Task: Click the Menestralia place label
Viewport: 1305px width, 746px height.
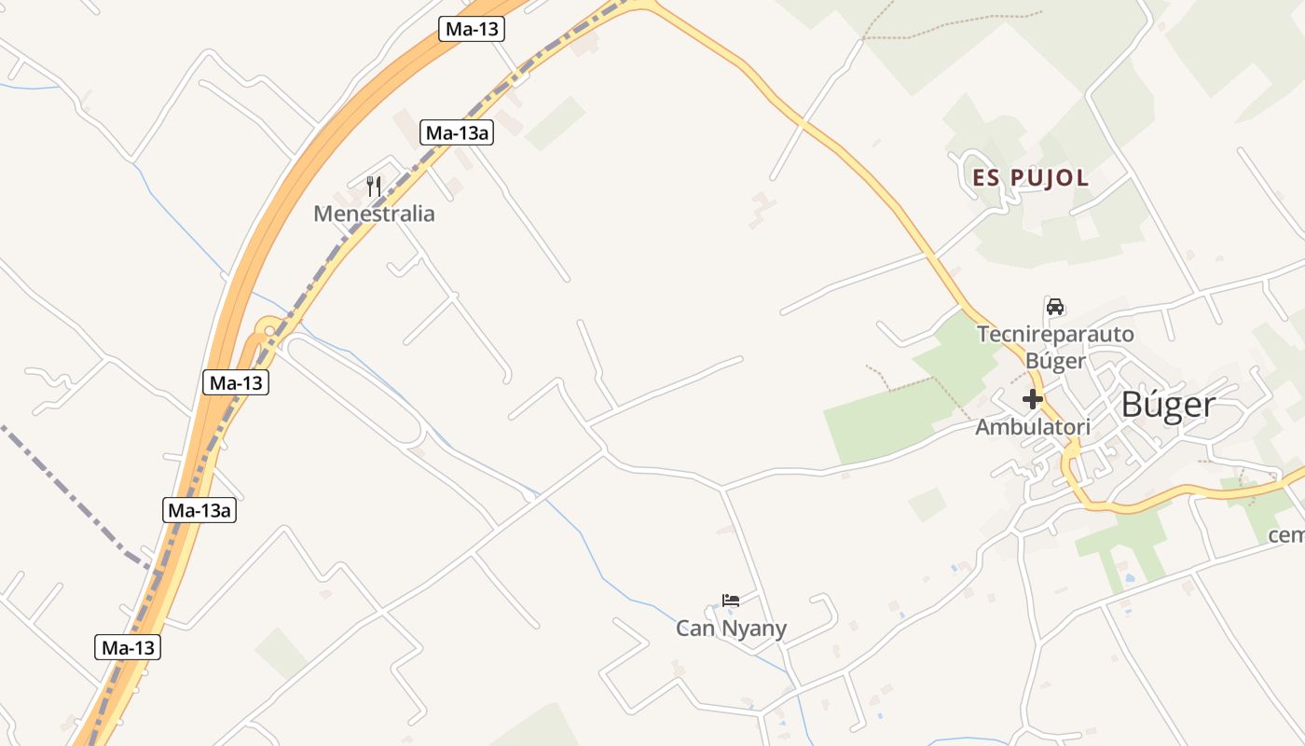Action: [374, 214]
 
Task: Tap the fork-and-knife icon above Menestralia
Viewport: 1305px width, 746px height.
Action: [374, 186]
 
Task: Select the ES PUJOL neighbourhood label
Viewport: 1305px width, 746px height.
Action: [1030, 178]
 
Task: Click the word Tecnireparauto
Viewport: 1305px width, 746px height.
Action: [1055, 334]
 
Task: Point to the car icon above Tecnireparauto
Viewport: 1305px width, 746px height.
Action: [1055, 307]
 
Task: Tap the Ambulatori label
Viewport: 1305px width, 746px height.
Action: [1033, 427]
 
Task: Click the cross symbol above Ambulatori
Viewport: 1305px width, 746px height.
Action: [1033, 399]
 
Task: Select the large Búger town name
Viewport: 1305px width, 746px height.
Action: [1168, 405]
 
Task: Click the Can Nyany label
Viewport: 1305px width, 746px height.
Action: [731, 629]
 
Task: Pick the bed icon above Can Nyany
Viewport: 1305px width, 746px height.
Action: [731, 601]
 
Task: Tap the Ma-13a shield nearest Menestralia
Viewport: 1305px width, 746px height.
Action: [457, 132]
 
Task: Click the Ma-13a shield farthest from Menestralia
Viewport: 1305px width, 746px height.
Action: [199, 510]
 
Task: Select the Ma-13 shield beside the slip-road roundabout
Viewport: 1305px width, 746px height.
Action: [236, 382]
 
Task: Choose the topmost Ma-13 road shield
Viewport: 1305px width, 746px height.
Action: [472, 29]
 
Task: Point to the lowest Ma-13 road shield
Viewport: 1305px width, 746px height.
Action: [128, 647]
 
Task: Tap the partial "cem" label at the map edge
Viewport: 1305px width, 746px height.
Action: [1286, 535]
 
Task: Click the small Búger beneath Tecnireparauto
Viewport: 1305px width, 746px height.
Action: [1055, 360]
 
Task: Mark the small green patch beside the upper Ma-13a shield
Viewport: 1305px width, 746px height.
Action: [555, 123]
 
